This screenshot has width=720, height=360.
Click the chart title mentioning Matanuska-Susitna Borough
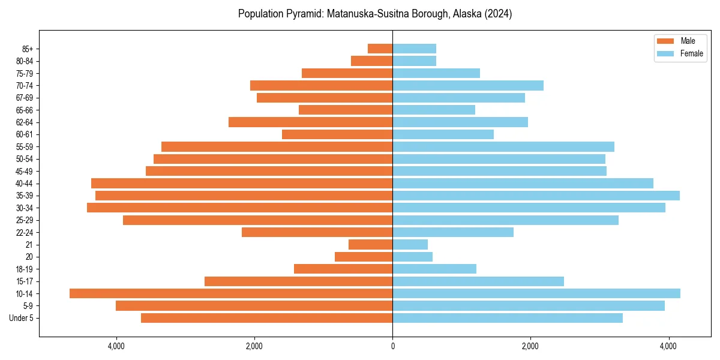tap(374, 14)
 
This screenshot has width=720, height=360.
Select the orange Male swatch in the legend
tap(666, 41)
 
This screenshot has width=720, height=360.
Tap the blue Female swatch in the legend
tap(666, 53)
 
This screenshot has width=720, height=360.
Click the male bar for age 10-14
tap(231, 293)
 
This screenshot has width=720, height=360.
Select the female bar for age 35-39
tap(536, 196)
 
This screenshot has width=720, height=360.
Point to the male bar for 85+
tap(380, 49)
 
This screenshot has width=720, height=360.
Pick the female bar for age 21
tap(410, 245)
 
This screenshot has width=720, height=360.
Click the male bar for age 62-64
tap(310, 122)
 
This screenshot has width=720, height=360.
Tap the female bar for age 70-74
tap(468, 86)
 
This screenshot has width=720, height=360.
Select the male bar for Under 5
tap(266, 318)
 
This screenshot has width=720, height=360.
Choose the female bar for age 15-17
tap(478, 281)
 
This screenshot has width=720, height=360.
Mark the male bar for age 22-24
tap(317, 232)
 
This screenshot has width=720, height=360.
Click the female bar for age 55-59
tap(503, 147)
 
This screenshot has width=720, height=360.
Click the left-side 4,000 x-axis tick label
tap(116, 346)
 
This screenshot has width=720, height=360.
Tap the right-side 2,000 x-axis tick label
tap(530, 346)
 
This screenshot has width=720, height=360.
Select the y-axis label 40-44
tap(24, 184)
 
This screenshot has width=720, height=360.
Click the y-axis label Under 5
tap(22, 318)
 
